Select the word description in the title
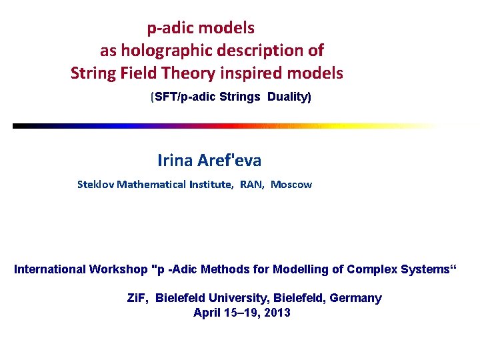point(255,51)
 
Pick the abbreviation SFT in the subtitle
point(166,97)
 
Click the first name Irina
point(175,161)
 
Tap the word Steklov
point(95,185)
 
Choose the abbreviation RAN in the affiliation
point(252,185)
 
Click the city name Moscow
point(291,185)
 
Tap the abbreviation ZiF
point(138,298)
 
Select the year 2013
point(277,313)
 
